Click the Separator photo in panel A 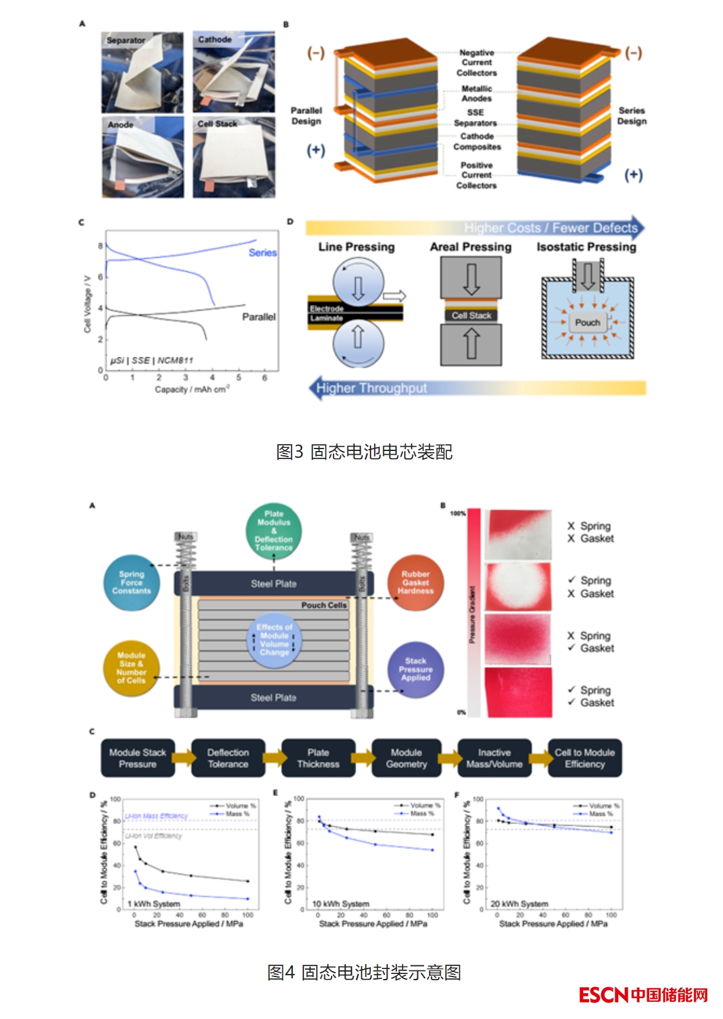coord(142,72)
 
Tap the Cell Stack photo coord(234,158)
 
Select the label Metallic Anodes coord(476,94)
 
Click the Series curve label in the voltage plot coord(263,253)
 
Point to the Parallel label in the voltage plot coord(259,317)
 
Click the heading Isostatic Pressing coord(586,247)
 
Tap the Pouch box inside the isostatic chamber coord(587,322)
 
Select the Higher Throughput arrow coord(372,388)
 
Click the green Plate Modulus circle coord(274,530)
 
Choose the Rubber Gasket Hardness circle coord(415,582)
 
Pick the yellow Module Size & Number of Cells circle coord(131,668)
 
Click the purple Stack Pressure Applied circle coord(415,670)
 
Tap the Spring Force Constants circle coord(131,582)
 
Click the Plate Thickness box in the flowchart coord(318,758)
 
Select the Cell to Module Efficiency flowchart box coord(584,758)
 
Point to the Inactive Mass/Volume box coord(494,758)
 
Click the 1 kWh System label coord(154,904)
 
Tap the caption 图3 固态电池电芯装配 coord(364,452)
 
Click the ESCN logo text coord(603,995)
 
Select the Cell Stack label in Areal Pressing coord(472,315)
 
